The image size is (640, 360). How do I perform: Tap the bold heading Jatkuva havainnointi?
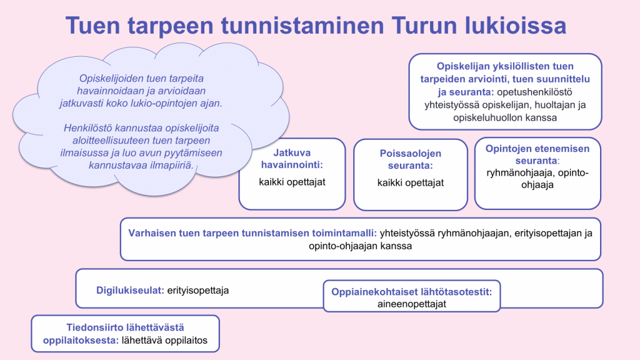click(292, 159)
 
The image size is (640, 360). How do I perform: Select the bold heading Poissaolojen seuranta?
click(411, 159)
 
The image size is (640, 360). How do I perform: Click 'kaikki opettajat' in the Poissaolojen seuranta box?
click(411, 183)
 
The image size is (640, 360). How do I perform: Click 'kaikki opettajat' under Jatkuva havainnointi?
click(292, 182)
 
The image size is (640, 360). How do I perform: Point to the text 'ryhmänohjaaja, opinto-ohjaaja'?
click(537, 178)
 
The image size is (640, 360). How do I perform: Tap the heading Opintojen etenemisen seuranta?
click(537, 154)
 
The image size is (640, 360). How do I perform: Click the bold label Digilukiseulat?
click(130, 290)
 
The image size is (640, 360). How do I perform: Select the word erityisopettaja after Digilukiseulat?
click(198, 290)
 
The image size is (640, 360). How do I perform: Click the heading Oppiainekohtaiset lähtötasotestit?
click(411, 292)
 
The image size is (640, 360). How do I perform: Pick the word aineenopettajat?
click(411, 304)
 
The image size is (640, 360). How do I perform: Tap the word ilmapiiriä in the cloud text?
click(173, 165)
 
